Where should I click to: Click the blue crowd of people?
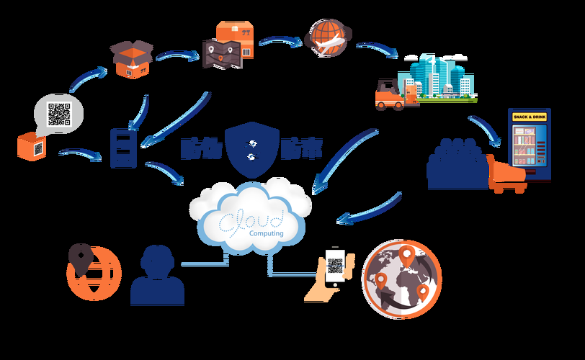455,163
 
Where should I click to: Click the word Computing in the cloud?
266,233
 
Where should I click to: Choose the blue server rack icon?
120,148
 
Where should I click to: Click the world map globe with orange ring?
402,279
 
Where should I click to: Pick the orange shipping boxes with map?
225,45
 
